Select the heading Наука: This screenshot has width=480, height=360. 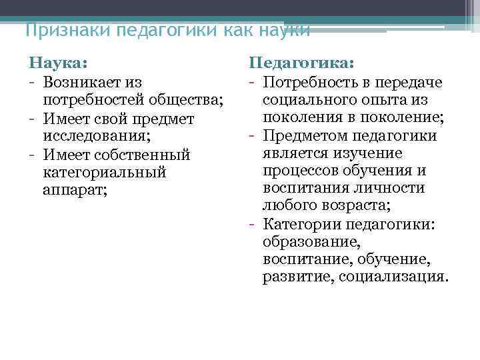(58, 63)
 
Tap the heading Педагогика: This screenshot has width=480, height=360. (301, 63)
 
